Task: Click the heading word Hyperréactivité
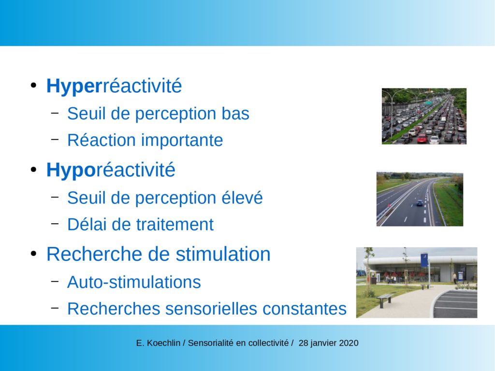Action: click(114, 86)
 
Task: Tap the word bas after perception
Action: click(235, 113)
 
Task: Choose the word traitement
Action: click(175, 225)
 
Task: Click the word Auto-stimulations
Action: click(134, 282)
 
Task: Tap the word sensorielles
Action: click(211, 309)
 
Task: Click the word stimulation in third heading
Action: click(223, 254)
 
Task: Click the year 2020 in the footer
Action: click(349, 343)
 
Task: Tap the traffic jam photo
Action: click(424, 116)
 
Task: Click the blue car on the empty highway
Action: click(420, 203)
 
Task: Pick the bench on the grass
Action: click(385, 300)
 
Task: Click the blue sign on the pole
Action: click(424, 260)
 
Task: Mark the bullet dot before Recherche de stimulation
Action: click(34, 254)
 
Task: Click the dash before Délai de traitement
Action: click(55, 223)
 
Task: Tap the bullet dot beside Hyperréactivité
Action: click(34, 86)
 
